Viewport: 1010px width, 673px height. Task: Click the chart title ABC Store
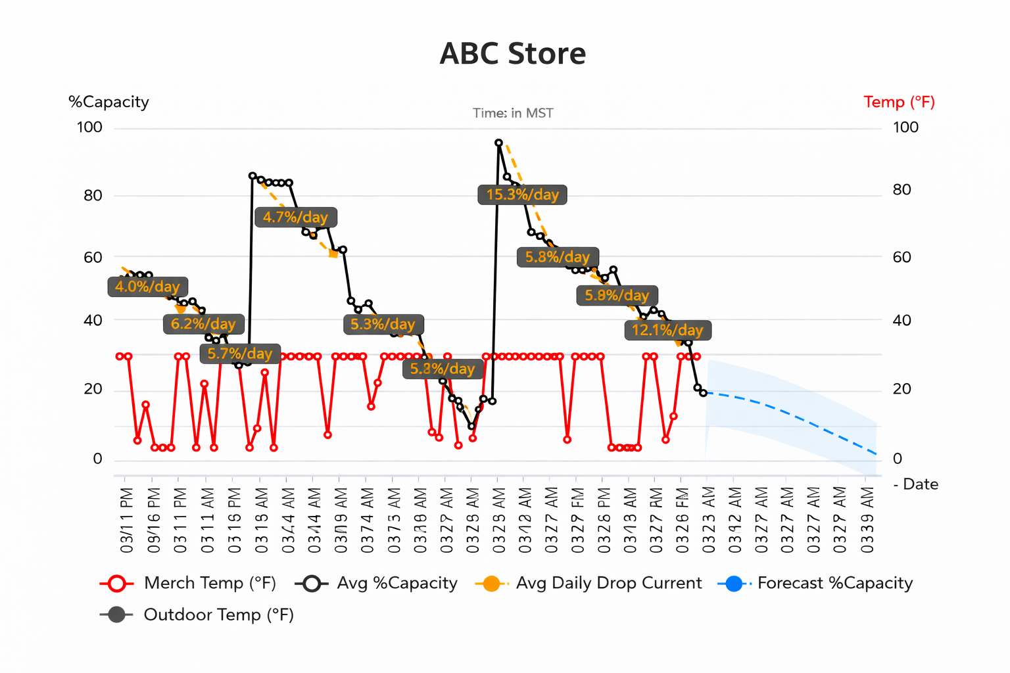(512, 54)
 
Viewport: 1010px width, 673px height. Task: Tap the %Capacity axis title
(108, 102)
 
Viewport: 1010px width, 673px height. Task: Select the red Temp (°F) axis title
(899, 102)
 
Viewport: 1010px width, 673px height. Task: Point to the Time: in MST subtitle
(513, 113)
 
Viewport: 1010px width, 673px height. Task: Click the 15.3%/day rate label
(522, 195)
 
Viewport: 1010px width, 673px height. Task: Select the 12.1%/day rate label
(667, 330)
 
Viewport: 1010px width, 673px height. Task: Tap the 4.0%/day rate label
(147, 287)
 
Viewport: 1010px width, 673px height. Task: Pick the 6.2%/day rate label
(203, 324)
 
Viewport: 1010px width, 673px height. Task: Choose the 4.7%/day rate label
(295, 217)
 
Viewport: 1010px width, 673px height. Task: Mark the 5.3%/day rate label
(383, 324)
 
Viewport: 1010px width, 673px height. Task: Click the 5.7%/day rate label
(240, 354)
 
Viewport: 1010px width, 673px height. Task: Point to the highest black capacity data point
(498, 143)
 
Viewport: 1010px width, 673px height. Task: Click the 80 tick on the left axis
(93, 195)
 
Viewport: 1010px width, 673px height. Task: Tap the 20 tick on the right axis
(902, 389)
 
